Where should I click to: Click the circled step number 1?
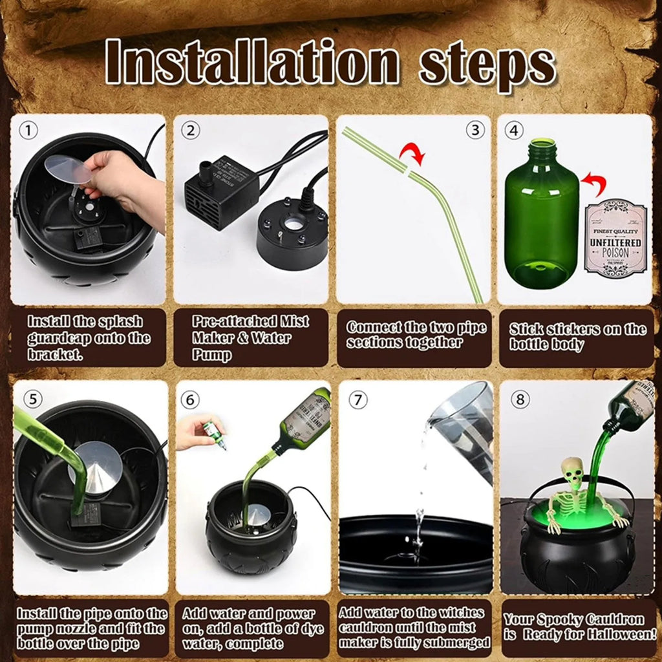28,131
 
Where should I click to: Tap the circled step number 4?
514,131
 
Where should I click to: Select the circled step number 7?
357,400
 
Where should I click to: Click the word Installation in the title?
252,63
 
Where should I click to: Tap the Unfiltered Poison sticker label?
615,237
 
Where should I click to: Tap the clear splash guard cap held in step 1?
68,170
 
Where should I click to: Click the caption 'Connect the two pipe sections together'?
414,335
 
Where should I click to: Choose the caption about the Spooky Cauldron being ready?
577,626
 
